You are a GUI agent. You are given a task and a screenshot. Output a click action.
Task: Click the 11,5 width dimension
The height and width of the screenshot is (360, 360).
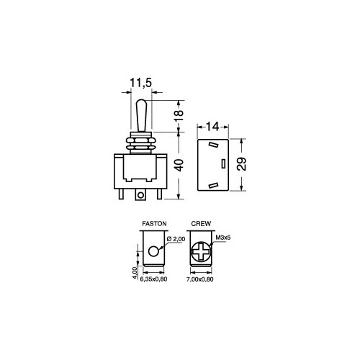141,83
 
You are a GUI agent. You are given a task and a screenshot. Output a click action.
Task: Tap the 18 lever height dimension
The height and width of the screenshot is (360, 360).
179,116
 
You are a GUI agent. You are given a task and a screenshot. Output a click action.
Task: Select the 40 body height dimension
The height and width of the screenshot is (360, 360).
179,165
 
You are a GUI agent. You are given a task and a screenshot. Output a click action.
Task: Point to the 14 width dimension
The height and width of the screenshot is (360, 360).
212,127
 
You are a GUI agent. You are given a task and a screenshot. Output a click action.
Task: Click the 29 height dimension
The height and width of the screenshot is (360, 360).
242,164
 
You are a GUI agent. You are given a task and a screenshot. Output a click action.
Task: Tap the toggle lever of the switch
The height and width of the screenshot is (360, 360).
141,116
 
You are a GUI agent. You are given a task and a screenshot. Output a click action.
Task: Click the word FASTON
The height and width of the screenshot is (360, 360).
154,224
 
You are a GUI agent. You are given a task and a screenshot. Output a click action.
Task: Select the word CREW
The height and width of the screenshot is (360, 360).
201,224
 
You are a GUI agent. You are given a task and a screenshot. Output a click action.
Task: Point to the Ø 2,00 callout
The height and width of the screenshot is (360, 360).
176,239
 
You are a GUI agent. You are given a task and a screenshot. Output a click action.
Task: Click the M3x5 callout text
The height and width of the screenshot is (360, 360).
223,238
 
